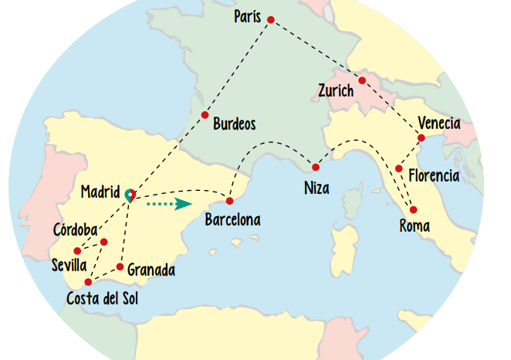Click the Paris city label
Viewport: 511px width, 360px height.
pyautogui.click(x=249, y=16)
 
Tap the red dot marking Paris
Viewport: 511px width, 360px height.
pyautogui.click(x=270, y=20)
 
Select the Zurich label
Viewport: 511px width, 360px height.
pyautogui.click(x=336, y=91)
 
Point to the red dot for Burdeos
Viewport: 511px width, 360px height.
pyautogui.click(x=205, y=115)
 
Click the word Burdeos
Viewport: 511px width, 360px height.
pyautogui.click(x=234, y=124)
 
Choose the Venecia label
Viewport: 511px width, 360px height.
pyautogui.click(x=439, y=123)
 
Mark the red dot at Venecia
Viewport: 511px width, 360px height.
pyautogui.click(x=421, y=138)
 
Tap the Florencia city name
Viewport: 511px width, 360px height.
pyautogui.click(x=434, y=176)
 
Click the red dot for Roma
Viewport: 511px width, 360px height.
pyautogui.click(x=414, y=209)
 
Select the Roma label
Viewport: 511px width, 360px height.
pyautogui.click(x=415, y=226)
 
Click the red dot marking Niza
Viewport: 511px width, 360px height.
pyautogui.click(x=316, y=167)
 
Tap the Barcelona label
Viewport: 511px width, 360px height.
pyautogui.click(x=232, y=220)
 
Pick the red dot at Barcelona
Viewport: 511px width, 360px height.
pyautogui.click(x=229, y=201)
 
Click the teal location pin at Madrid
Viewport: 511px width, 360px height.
pyautogui.click(x=129, y=195)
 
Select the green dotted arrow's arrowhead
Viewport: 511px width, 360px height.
pyautogui.click(x=183, y=204)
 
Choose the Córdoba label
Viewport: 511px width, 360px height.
pyautogui.click(x=75, y=230)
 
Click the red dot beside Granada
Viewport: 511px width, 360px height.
pyautogui.click(x=120, y=267)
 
